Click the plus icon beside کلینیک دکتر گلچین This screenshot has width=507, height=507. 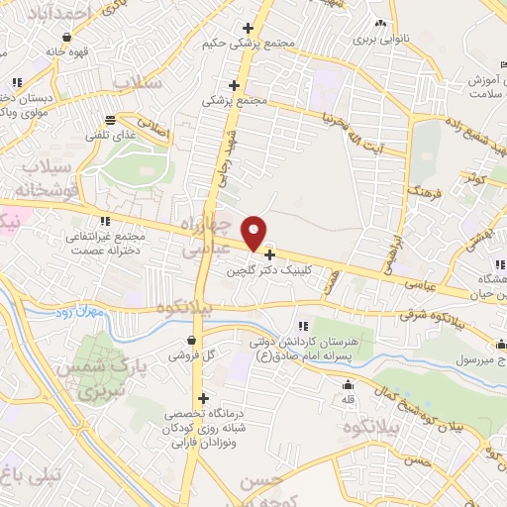click(269, 255)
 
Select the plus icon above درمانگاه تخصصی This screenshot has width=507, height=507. click(203, 398)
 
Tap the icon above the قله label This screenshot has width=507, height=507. click(348, 386)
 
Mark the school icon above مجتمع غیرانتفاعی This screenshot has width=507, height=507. click(105, 222)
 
